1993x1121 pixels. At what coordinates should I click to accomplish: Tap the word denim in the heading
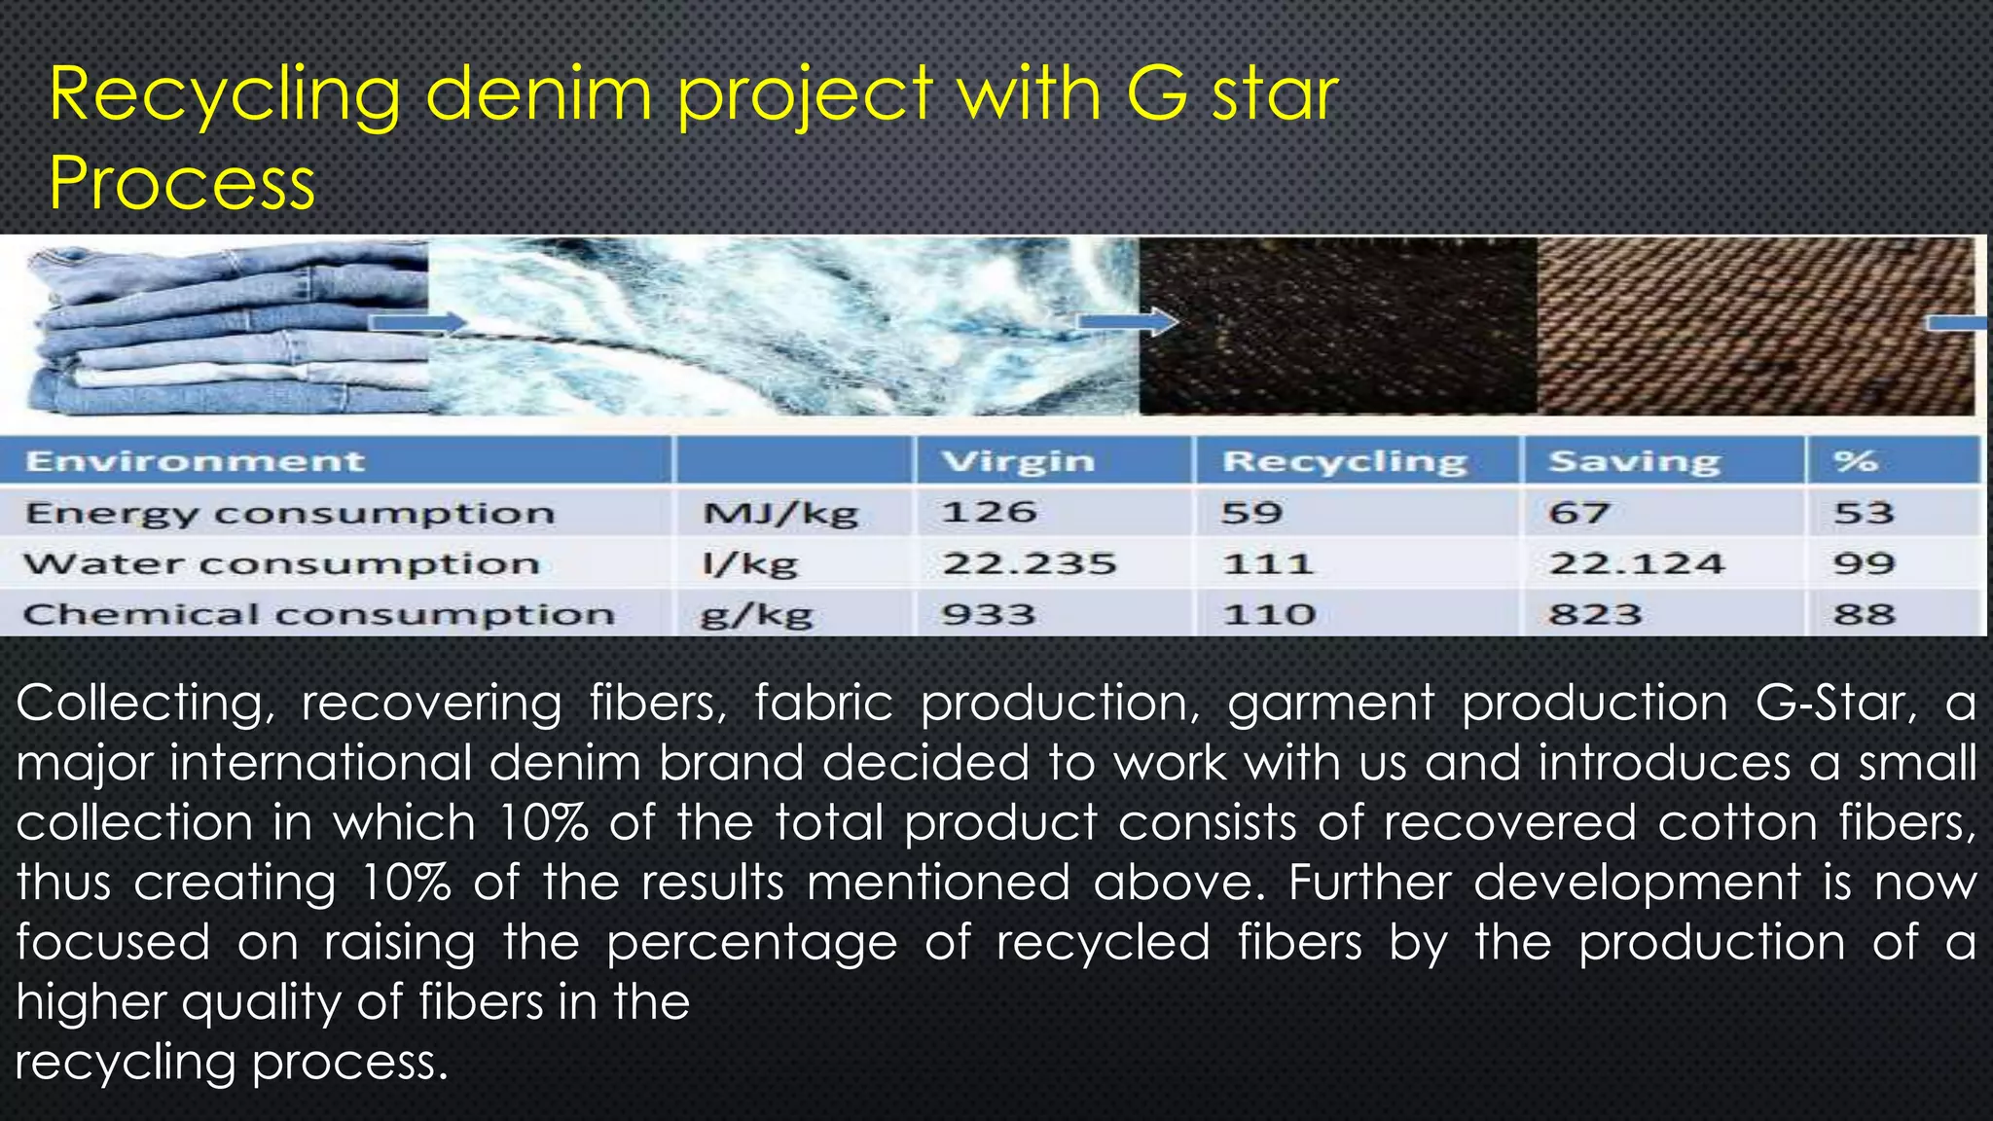[538, 94]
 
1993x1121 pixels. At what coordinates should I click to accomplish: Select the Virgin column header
[1018, 460]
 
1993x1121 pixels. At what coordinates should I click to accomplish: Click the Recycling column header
[1344, 460]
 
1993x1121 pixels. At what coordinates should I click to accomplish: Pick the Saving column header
[1634, 460]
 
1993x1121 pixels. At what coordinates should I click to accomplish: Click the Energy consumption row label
[290, 513]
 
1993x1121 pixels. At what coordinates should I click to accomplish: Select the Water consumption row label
[281, 563]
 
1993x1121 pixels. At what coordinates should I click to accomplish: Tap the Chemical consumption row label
[318, 614]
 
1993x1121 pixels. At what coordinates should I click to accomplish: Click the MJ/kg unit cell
[780, 513]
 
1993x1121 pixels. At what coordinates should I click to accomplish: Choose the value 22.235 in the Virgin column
[1029, 563]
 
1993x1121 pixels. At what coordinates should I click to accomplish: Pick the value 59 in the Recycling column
[1251, 513]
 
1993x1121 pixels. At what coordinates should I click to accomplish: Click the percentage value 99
[1864, 563]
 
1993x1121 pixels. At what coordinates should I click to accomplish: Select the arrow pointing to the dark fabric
[1128, 321]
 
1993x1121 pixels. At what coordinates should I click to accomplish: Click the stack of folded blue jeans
[224, 331]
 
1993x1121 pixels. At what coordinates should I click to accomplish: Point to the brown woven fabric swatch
[1752, 326]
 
